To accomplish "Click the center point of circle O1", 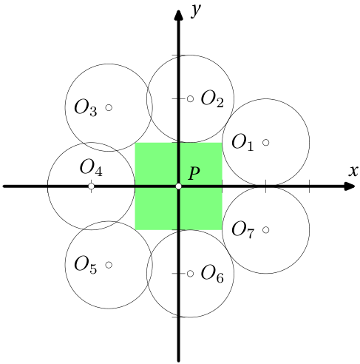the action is click(265, 142).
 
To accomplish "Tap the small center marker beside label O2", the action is click(190, 99).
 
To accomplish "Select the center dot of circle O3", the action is click(109, 107).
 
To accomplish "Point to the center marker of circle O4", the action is click(91, 186).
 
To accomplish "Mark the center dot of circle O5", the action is click(109, 265).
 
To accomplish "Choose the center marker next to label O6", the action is click(190, 274).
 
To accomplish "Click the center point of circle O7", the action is click(265, 230).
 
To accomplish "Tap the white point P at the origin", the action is click(178, 186).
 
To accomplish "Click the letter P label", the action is click(194, 173).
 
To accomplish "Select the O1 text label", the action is click(242, 143).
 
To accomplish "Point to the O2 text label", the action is click(212, 99).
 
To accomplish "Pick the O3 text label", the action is click(86, 108).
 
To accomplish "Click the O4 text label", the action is click(91, 168).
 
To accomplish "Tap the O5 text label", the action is click(86, 266).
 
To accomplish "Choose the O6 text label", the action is click(212, 274).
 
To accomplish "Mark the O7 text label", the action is click(242, 230).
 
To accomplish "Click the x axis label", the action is click(353, 171).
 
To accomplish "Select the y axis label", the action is click(196, 10).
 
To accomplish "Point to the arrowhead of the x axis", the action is click(350, 186).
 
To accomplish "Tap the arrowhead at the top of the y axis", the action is click(178, 15).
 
